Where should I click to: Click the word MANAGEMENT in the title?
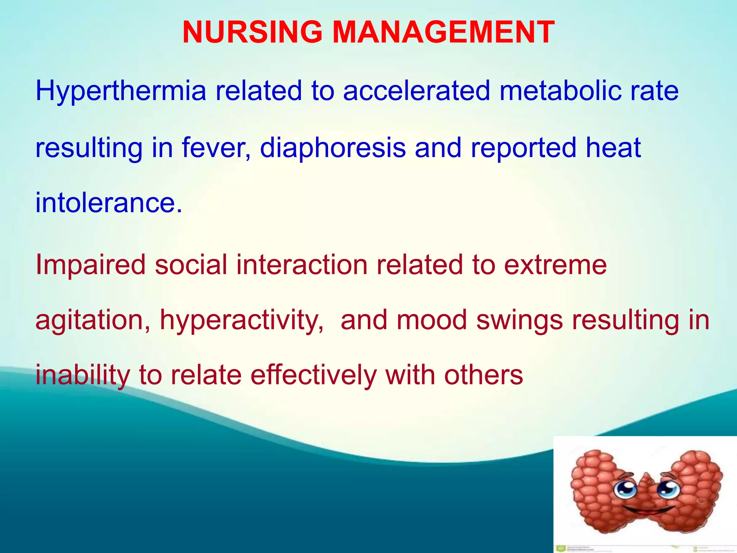tap(443, 32)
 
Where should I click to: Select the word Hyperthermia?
tap(121, 91)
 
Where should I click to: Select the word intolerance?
tap(108, 203)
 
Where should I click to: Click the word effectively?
tap(313, 375)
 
